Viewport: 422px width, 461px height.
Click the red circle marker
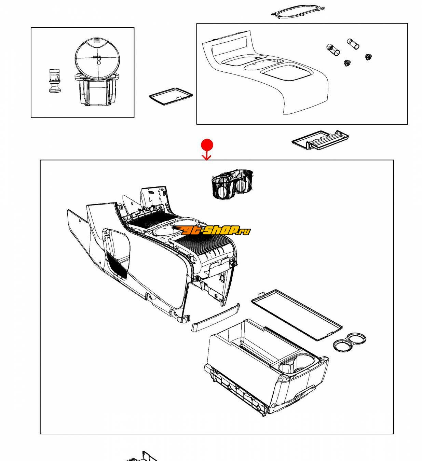tap(207, 145)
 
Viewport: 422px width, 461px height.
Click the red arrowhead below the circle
tap(206, 157)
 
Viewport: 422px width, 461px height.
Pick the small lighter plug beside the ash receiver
tap(55, 81)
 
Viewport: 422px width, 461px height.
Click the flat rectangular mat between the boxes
tap(171, 96)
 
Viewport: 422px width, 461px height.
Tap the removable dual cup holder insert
tap(232, 184)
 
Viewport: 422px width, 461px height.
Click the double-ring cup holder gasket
tap(350, 342)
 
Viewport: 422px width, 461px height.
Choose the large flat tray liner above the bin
tap(297, 315)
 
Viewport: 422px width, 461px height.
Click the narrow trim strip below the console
tap(216, 317)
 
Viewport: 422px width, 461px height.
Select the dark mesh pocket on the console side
tap(117, 264)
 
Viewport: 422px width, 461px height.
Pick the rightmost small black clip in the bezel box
tap(368, 57)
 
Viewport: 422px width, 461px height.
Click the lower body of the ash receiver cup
tap(96, 92)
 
